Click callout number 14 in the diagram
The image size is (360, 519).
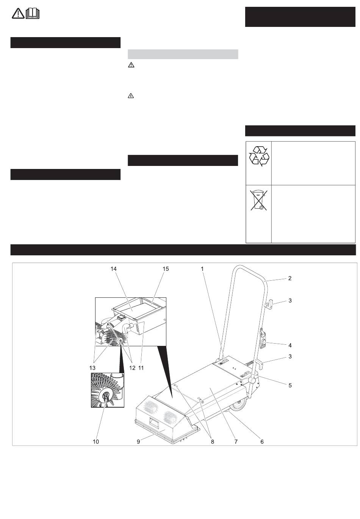(113, 269)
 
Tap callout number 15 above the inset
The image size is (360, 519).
(166, 269)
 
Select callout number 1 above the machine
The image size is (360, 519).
(202, 269)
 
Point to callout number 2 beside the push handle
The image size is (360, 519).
(290, 278)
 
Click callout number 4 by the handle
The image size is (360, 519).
(290, 345)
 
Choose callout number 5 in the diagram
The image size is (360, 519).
(290, 385)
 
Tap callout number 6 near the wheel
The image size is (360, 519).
(262, 442)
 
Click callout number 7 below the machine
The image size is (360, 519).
(236, 442)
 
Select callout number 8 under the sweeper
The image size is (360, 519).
(212, 442)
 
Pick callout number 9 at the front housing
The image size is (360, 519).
(138, 442)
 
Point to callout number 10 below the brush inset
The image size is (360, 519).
(96, 442)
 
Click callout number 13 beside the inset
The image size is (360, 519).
(92, 368)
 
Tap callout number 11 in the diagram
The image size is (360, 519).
(141, 368)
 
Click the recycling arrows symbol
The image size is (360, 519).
(259, 156)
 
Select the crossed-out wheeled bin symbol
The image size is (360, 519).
(258, 200)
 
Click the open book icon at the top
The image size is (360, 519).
(33, 13)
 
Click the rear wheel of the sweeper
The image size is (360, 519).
(239, 405)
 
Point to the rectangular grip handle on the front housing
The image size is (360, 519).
(153, 422)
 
